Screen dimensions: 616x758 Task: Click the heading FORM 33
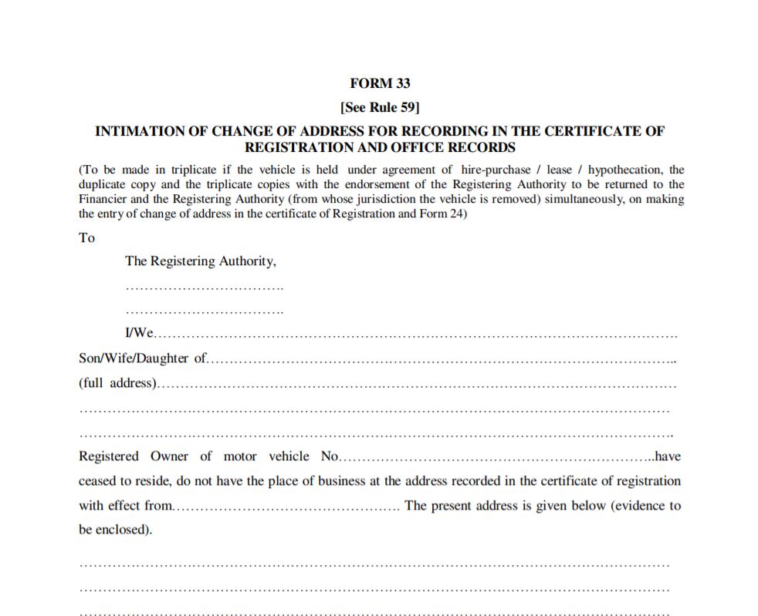pos(379,84)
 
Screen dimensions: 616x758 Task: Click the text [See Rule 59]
pos(379,108)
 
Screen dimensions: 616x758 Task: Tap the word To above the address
pos(86,238)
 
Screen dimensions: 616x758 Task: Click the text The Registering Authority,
pos(200,261)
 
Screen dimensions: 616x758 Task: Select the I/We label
pos(140,334)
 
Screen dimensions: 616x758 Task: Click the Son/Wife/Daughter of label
pos(143,358)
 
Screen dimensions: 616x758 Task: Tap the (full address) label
pos(117,383)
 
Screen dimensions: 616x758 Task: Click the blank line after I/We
pos(417,335)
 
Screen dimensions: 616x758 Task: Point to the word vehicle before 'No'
pos(289,456)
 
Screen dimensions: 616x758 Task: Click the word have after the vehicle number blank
pos(668,456)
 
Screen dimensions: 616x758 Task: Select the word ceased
pos(100,481)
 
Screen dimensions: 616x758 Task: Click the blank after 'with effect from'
pos(286,507)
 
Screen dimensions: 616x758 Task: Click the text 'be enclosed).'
pos(116,530)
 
